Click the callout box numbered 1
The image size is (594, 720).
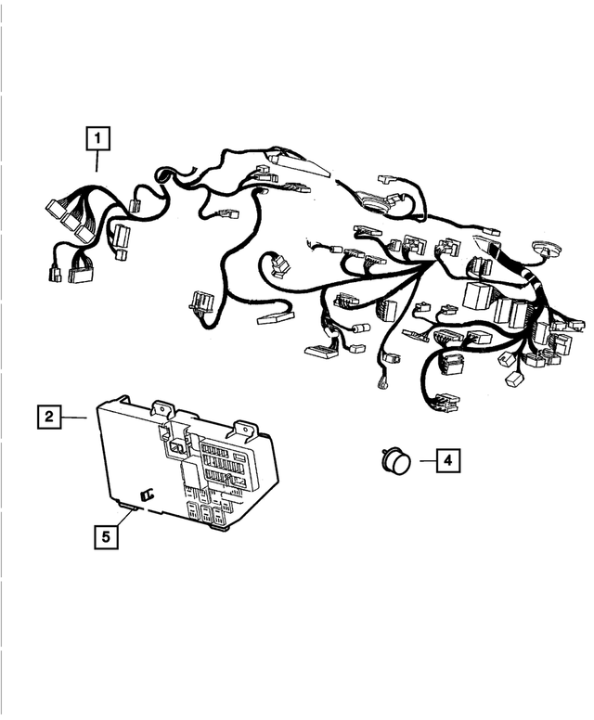[97, 139]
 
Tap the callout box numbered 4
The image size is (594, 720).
[447, 459]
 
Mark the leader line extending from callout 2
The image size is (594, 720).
[75, 418]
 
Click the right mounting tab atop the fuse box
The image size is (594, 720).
[246, 427]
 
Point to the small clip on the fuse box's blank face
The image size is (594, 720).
[146, 494]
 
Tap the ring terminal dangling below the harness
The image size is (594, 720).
[381, 388]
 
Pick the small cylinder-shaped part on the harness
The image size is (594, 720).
[359, 328]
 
